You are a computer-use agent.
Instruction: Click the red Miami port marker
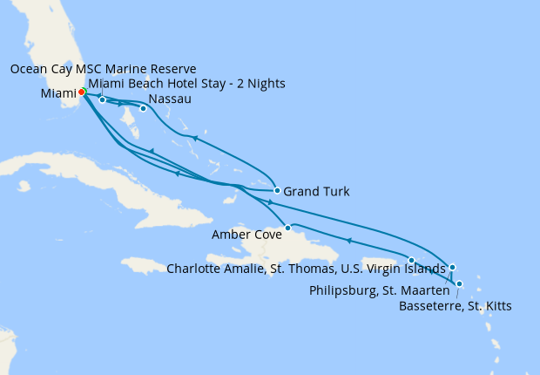click(x=82, y=92)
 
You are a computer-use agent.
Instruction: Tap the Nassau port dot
click(x=143, y=109)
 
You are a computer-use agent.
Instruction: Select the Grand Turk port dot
click(x=277, y=190)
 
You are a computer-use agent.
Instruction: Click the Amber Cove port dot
click(x=287, y=228)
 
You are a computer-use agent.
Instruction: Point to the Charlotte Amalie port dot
click(x=412, y=260)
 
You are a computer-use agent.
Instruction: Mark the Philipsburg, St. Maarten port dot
click(x=452, y=267)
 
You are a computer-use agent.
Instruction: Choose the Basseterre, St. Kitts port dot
click(x=459, y=283)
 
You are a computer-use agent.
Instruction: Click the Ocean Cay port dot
click(x=103, y=99)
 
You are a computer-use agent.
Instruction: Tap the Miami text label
click(x=57, y=92)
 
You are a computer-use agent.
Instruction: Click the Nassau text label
click(x=171, y=99)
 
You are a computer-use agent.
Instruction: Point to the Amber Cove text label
click(x=246, y=234)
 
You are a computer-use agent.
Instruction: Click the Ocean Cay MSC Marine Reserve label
click(x=104, y=69)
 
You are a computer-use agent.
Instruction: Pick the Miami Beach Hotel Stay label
click(x=187, y=84)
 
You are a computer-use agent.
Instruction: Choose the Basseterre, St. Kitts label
click(x=455, y=306)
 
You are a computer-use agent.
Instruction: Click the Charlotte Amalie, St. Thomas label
click(x=306, y=269)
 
